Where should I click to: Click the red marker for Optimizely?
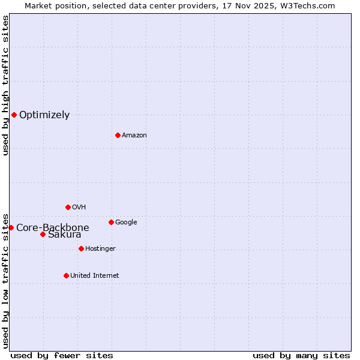point(14,115)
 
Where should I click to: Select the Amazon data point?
point(118,135)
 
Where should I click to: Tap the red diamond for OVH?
point(68,207)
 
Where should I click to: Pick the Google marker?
point(111,222)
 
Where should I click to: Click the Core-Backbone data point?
point(11,227)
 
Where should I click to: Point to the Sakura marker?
point(43,234)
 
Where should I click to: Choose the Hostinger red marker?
point(81,248)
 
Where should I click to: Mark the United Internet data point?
point(66,275)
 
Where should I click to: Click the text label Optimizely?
point(44,115)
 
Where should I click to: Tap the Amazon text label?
point(134,136)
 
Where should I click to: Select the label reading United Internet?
point(95,276)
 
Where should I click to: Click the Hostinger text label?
point(100,249)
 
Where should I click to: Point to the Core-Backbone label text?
point(53,228)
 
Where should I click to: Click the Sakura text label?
point(65,235)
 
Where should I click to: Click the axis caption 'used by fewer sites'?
point(62,355)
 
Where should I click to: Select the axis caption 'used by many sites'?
point(301,355)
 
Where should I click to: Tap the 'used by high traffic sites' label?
point(6,86)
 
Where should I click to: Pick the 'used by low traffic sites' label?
point(6,281)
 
